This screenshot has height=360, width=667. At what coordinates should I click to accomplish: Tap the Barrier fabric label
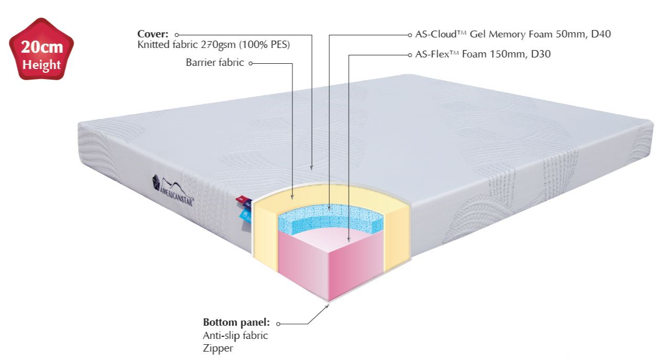coord(214,63)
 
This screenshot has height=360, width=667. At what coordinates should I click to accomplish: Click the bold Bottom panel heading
coord(237,322)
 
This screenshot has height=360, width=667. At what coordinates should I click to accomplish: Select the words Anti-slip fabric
coord(236,335)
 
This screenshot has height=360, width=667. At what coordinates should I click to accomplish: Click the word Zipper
coord(218,348)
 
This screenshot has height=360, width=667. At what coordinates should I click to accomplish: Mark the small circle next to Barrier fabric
coord(250,63)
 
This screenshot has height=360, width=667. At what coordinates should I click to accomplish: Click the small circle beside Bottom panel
coord(278,323)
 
